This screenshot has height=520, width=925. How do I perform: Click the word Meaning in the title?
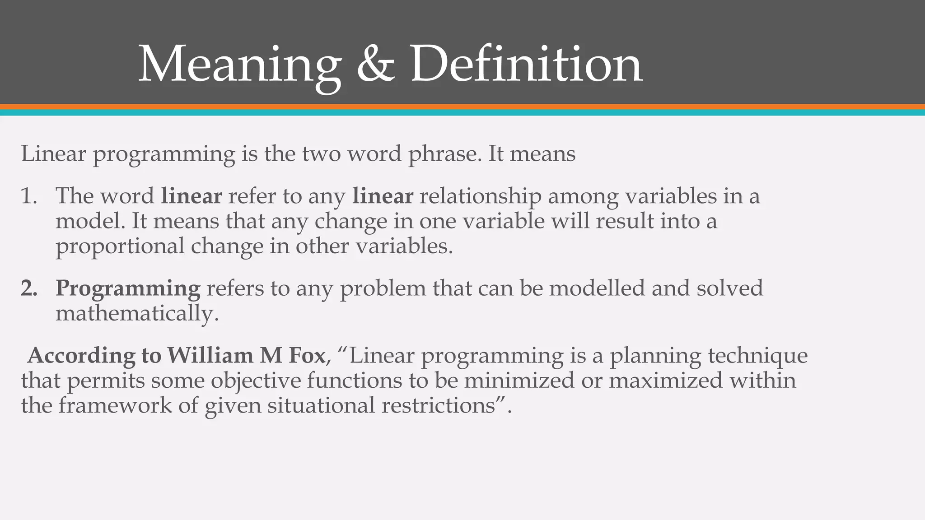pos(239,65)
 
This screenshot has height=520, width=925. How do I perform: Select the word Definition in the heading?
pos(526,65)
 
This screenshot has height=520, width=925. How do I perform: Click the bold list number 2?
pos(29,288)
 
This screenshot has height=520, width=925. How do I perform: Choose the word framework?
pos(115,405)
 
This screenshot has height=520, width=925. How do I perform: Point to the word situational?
pos(321,405)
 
